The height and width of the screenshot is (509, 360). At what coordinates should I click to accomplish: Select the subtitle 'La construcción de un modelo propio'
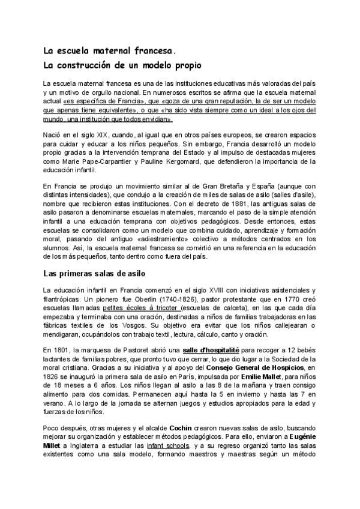point(122,64)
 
